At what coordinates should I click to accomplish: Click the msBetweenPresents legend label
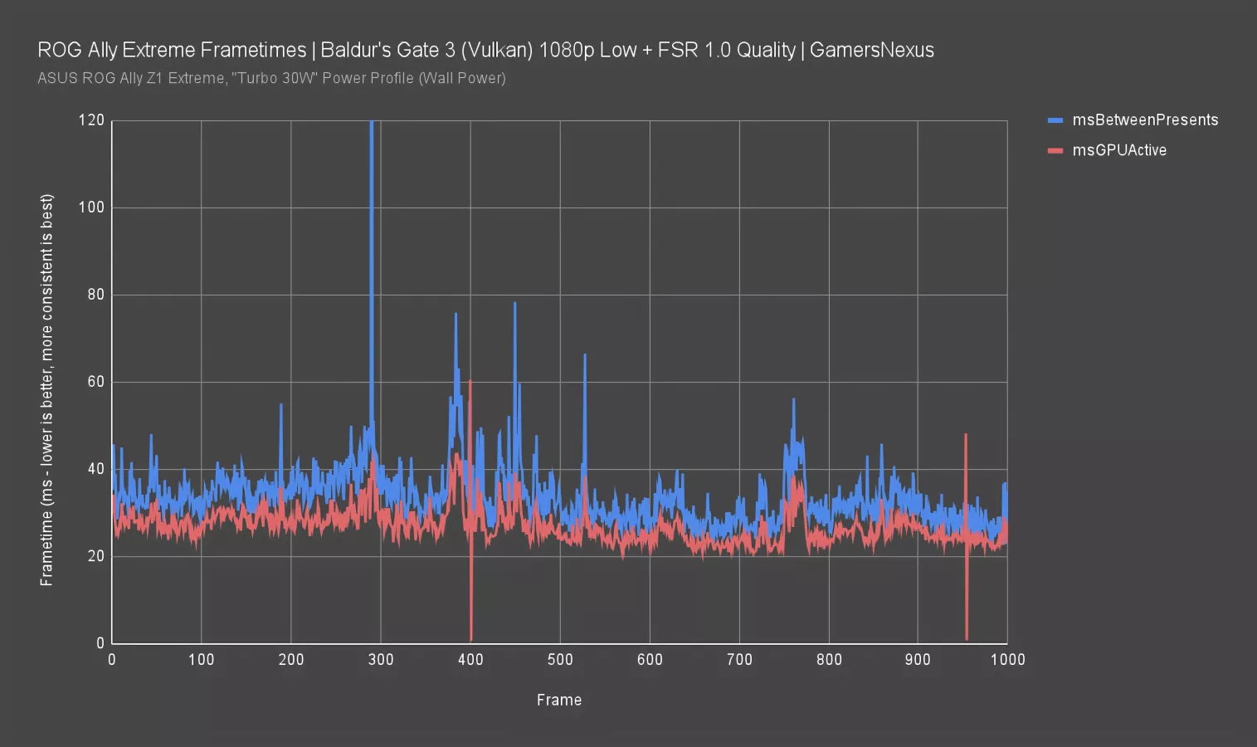(1145, 120)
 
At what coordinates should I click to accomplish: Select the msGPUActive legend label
(1119, 150)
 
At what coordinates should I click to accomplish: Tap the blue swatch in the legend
(1055, 120)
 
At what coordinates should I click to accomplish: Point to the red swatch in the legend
(1055, 150)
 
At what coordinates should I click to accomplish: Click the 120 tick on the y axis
(91, 120)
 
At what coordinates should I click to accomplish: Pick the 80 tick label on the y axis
(95, 295)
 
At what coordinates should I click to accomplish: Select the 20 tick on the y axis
(95, 556)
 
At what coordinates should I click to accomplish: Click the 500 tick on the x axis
(560, 660)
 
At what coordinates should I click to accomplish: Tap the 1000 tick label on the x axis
(1007, 660)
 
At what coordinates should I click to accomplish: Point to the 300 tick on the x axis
(381, 660)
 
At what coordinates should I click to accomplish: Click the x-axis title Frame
(559, 700)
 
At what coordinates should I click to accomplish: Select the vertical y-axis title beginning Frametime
(46, 390)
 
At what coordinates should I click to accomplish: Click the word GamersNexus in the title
(871, 50)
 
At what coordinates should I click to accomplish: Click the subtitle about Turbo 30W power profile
(271, 78)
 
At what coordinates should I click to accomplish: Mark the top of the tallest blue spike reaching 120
(371, 122)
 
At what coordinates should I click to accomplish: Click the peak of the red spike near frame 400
(470, 381)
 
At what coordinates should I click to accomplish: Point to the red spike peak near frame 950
(966, 434)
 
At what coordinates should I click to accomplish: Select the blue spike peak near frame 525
(585, 355)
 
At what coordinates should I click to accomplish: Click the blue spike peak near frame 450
(514, 303)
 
